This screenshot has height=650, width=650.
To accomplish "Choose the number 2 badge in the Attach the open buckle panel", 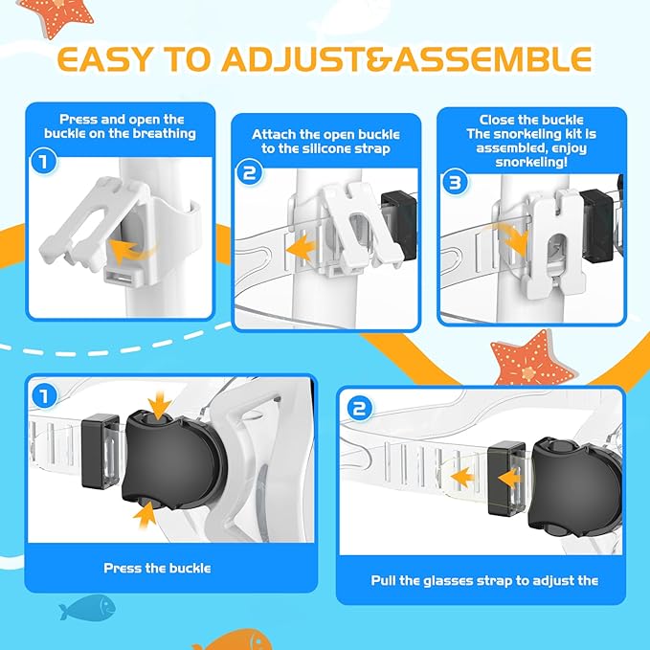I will tap(249, 173).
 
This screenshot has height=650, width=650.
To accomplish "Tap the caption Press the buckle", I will tap(157, 568).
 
